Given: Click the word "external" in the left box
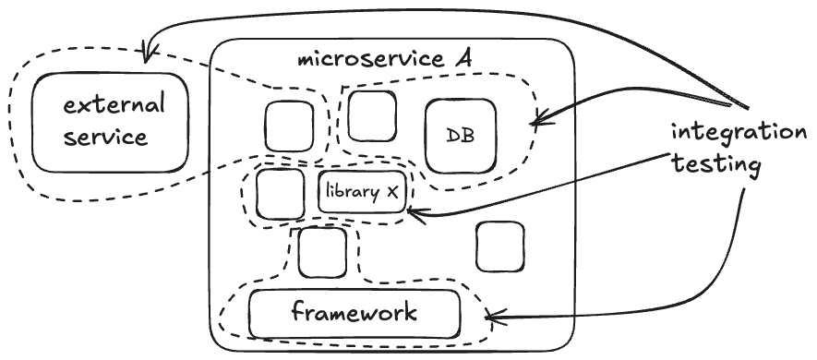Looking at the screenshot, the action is pyautogui.click(x=114, y=106).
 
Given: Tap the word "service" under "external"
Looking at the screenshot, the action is pyautogui.click(x=106, y=137).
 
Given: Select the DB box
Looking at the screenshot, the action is pyautogui.click(x=461, y=136).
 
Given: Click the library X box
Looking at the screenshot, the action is pyautogui.click(x=362, y=192).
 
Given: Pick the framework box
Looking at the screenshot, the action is pyautogui.click(x=354, y=314).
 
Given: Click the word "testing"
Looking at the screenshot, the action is pyautogui.click(x=716, y=165).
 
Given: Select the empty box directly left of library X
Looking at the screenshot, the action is pyautogui.click(x=281, y=194).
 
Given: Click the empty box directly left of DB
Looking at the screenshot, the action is pyautogui.click(x=372, y=116).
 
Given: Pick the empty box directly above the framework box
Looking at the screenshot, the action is pyautogui.click(x=322, y=253).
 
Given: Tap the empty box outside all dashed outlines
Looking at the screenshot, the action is pyautogui.click(x=500, y=247).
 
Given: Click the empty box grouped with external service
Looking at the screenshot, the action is pyautogui.click(x=290, y=126).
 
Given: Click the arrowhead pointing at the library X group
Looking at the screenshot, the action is pyautogui.click(x=415, y=212).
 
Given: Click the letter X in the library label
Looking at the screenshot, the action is pyautogui.click(x=391, y=192).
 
